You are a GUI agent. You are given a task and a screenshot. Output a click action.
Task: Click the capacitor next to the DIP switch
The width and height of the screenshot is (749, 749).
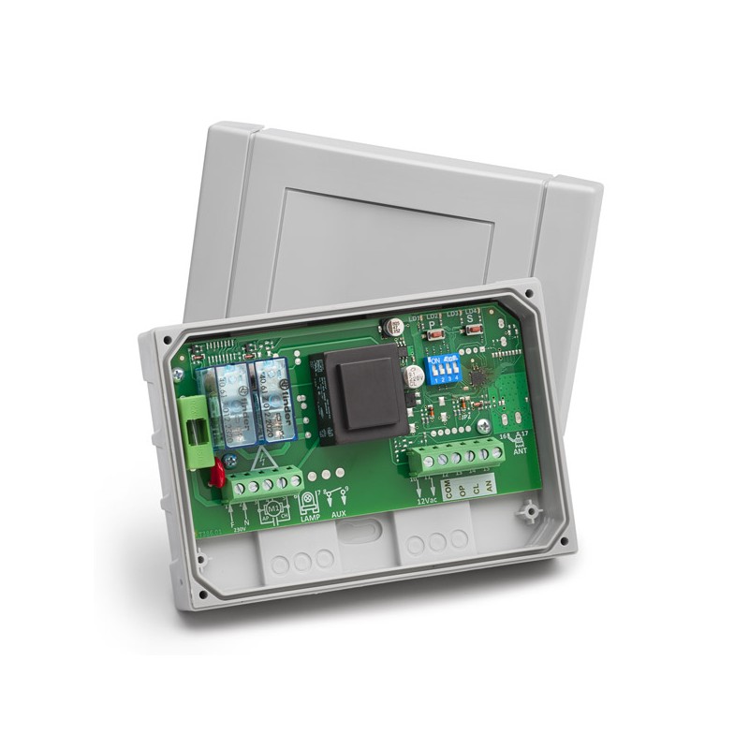click(409, 376)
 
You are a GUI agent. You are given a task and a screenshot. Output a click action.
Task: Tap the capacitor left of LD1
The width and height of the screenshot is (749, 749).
click(387, 330)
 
